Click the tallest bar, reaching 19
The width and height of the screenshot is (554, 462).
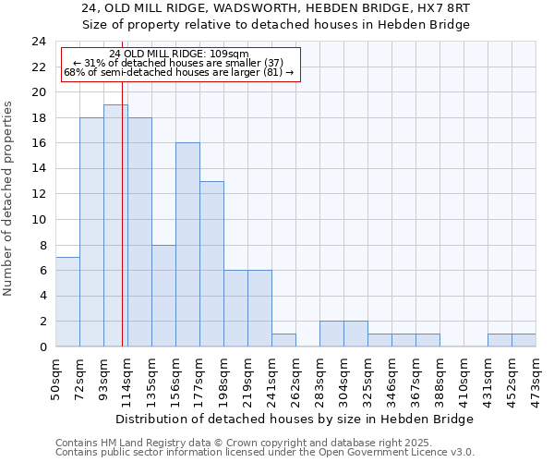115,226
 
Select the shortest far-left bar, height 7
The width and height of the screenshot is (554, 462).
67,302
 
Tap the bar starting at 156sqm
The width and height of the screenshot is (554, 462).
187,245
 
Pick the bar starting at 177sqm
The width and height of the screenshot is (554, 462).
211,264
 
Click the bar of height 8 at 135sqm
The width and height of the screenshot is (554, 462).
163,296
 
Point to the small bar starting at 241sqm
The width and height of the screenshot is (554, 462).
283,340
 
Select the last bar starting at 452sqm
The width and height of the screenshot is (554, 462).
524,340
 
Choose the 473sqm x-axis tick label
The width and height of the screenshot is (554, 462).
536,379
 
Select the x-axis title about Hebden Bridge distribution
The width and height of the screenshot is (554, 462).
295,419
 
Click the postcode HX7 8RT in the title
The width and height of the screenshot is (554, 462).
440,7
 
